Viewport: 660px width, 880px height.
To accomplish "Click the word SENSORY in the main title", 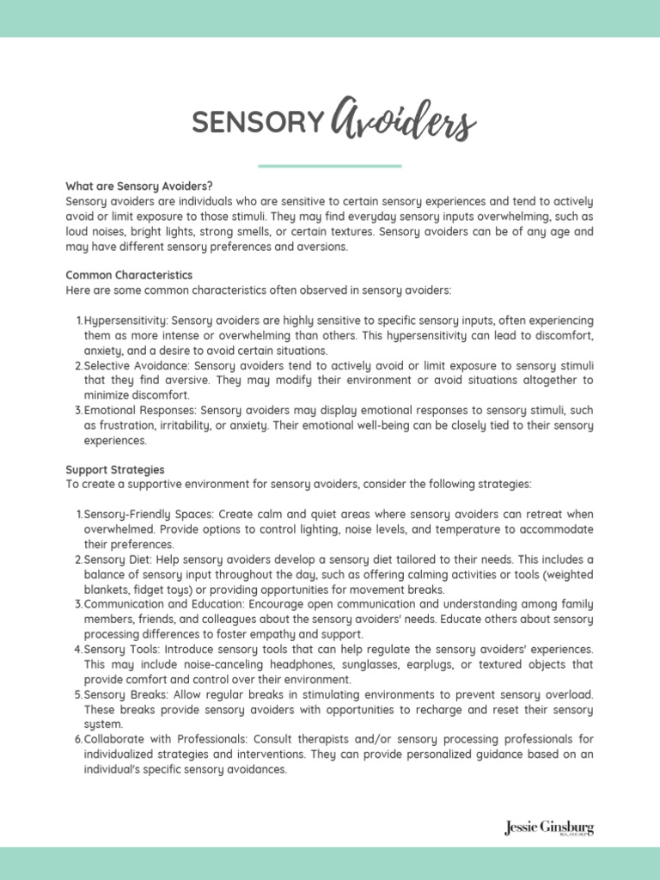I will [x=256, y=125].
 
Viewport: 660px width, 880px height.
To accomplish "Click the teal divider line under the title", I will [x=329, y=166].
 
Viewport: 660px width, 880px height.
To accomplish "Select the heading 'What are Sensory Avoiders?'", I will [x=139, y=186].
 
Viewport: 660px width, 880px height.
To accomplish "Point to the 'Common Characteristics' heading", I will [x=130, y=275].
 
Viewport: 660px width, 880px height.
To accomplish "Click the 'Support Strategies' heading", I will [x=115, y=470].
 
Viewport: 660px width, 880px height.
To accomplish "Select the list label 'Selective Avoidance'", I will [x=136, y=365].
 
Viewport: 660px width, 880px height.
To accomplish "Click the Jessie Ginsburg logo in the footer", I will [x=548, y=828].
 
